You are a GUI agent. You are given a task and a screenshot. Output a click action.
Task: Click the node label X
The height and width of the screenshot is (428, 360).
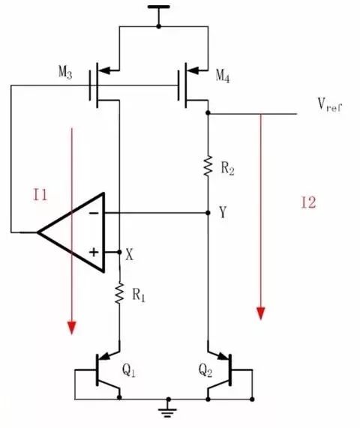[130, 254]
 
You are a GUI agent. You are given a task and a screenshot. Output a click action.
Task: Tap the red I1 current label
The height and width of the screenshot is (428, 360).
[40, 196]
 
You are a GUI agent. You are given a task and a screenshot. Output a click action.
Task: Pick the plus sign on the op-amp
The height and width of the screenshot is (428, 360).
[94, 252]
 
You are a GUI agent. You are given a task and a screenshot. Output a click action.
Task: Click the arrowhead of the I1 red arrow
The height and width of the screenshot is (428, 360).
[72, 327]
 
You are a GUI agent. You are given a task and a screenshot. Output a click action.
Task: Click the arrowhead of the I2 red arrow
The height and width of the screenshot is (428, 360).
[261, 313]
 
